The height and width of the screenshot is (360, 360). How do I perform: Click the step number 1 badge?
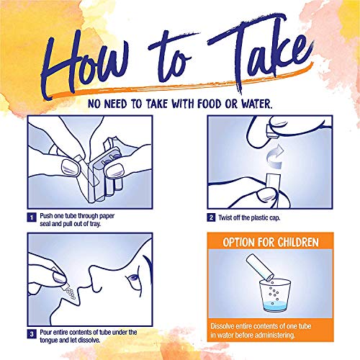coord(32,217)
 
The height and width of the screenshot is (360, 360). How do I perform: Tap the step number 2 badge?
coord(211,217)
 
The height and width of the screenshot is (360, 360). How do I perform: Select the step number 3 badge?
coord(32,334)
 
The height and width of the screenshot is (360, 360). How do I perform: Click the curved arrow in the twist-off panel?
coord(275,157)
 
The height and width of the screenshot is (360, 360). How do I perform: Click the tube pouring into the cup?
coord(260,266)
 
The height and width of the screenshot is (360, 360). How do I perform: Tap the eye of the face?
coord(132,279)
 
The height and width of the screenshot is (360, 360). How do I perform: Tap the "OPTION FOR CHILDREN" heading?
coord(271,243)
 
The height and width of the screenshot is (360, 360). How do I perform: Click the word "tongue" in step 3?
coord(48,341)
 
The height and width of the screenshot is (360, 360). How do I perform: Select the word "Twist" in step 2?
coord(225,217)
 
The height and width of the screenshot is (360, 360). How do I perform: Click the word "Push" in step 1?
coord(46,216)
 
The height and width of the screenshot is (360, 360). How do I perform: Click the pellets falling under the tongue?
coord(70,293)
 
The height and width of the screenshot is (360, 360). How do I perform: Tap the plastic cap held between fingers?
coord(272,132)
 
